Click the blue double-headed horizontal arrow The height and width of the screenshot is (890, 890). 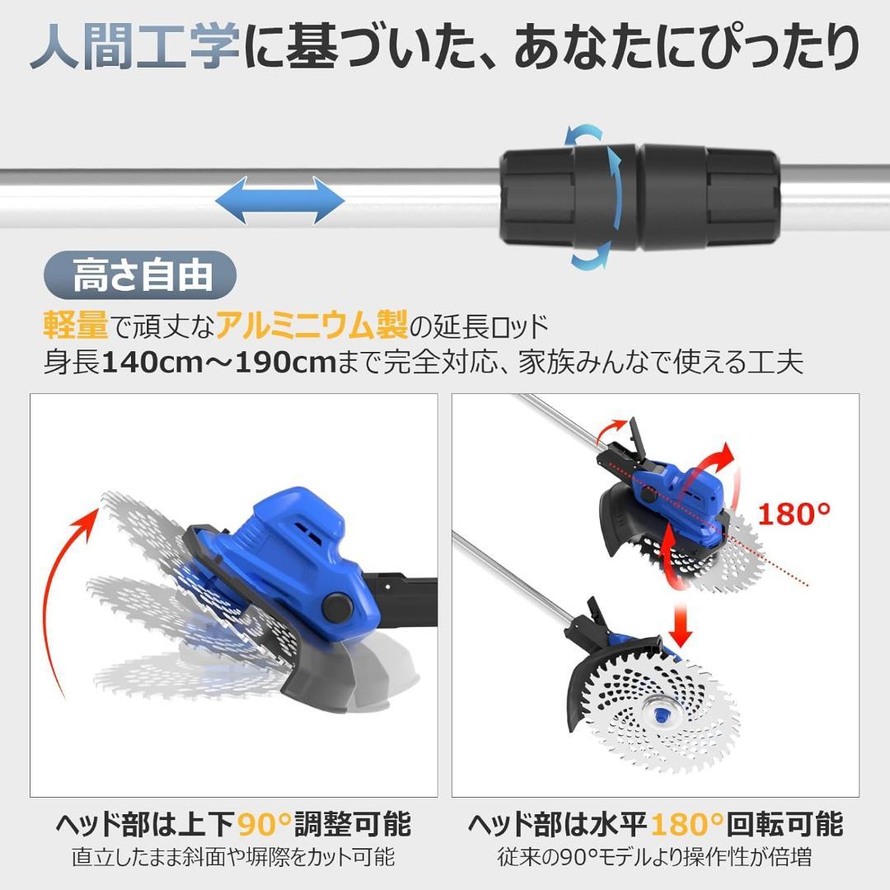(279, 200)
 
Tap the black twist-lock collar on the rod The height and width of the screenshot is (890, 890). (639, 199)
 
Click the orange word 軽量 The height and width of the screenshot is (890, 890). (76, 326)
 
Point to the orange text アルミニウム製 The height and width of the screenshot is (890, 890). (311, 326)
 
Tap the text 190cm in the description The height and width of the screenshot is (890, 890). (288, 363)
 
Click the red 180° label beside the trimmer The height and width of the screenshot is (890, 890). (794, 514)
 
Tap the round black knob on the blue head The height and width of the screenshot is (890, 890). (336, 608)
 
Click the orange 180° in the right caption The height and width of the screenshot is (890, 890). (687, 824)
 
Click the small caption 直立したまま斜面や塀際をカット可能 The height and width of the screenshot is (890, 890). (233, 857)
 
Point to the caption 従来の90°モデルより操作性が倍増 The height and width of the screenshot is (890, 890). (655, 857)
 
